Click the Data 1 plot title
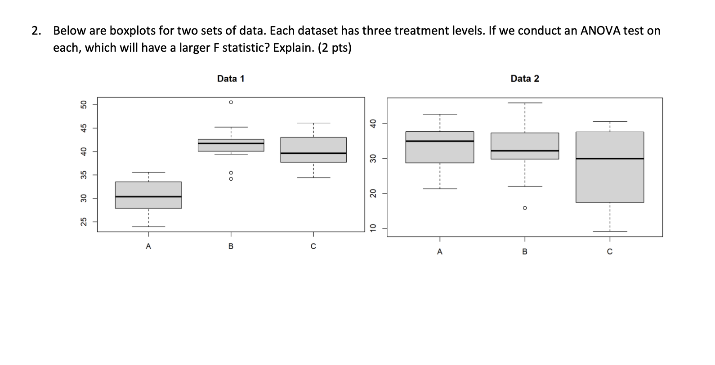(x=230, y=79)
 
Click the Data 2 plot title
(x=524, y=79)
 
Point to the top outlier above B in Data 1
(x=231, y=102)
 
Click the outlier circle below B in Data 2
(x=524, y=208)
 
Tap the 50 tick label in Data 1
(x=83, y=105)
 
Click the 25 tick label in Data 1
(x=83, y=222)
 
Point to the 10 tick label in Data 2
(x=372, y=228)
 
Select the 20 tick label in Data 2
(x=372, y=193)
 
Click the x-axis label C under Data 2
(x=609, y=252)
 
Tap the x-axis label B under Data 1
(x=231, y=246)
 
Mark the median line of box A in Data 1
(x=148, y=196)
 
